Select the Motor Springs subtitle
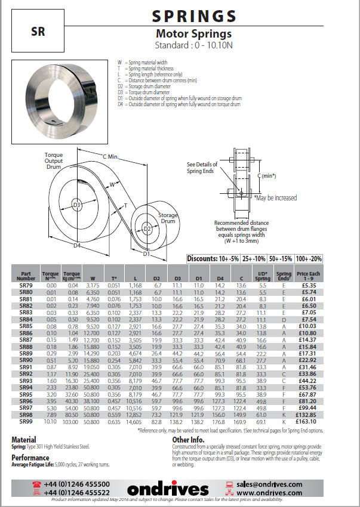click(x=193, y=34)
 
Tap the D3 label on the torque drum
click(x=76, y=205)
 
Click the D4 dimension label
click(x=77, y=245)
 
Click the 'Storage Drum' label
click(x=168, y=218)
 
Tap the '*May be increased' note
click(x=275, y=197)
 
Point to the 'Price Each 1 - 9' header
click(x=308, y=275)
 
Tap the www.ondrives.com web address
click(x=270, y=493)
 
